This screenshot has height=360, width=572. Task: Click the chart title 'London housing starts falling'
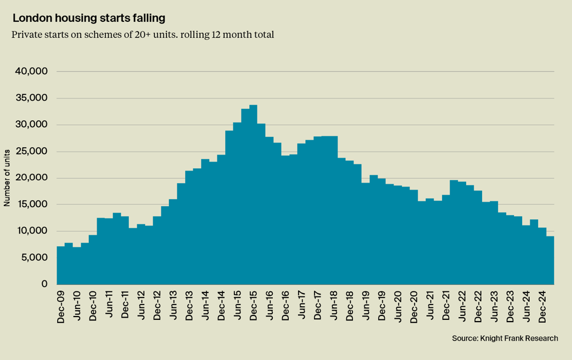click(x=89, y=18)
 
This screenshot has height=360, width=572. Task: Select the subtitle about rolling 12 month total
click(x=142, y=34)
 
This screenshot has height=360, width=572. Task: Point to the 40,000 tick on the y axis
click(x=32, y=72)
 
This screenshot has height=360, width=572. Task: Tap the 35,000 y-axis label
click(x=32, y=98)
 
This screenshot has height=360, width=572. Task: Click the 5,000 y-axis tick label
click(x=34, y=258)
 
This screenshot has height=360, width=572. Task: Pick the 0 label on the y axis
click(x=44, y=284)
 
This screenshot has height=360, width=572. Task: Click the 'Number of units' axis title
click(x=7, y=178)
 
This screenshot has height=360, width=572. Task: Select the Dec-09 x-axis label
click(x=61, y=307)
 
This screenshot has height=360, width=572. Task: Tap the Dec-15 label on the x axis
click(x=253, y=307)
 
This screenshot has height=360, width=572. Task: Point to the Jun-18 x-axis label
click(x=333, y=307)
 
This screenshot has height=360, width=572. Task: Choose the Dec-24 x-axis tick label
click(x=542, y=307)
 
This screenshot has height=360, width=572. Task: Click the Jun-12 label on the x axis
click(x=141, y=307)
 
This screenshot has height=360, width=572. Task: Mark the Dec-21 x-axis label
click(x=446, y=307)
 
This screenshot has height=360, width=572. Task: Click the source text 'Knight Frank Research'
click(x=505, y=338)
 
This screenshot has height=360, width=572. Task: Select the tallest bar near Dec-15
click(x=253, y=195)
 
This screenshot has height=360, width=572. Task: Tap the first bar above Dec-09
click(x=61, y=266)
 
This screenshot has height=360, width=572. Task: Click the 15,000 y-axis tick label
click(x=32, y=205)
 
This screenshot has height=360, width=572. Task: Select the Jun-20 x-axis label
click(x=398, y=307)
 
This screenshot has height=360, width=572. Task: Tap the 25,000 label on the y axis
click(x=32, y=152)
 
